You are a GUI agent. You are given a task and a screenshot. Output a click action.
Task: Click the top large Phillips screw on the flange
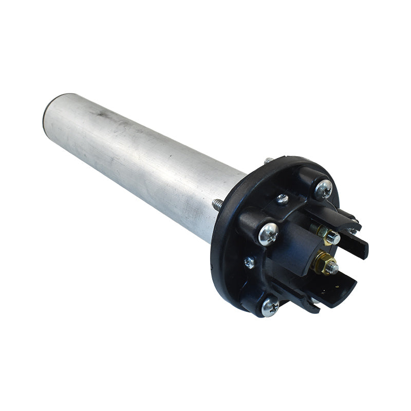pyautogui.click(x=323, y=189)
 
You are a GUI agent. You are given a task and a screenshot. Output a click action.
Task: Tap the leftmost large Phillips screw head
pyautogui.click(x=269, y=234)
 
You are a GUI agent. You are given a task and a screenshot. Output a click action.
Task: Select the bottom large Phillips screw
pyautogui.click(x=270, y=307)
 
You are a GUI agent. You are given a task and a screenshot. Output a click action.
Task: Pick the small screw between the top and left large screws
pyautogui.click(x=282, y=199)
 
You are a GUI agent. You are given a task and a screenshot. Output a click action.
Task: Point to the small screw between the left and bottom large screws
pyautogui.click(x=249, y=262)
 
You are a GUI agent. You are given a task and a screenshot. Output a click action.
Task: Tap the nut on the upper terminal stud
pyautogui.click(x=332, y=237)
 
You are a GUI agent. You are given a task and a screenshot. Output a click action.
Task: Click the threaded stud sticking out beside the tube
pyautogui.click(x=217, y=204)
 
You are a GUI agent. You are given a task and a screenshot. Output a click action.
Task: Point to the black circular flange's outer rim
pyautogui.click(x=218, y=257)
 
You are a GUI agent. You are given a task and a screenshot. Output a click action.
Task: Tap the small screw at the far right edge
pyautogui.click(x=353, y=231)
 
